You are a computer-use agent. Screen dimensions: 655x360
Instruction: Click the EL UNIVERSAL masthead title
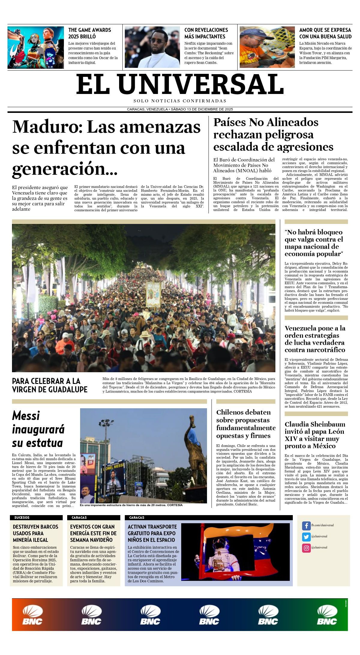(x=180, y=84)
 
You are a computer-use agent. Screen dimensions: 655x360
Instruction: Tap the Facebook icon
(x=306, y=526)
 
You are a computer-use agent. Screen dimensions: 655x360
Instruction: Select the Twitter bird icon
(x=306, y=537)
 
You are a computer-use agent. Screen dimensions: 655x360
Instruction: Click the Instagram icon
(x=306, y=548)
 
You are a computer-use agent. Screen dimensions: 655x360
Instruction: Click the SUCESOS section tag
(x=22, y=518)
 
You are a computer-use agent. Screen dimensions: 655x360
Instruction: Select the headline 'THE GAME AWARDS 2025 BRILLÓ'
(x=90, y=33)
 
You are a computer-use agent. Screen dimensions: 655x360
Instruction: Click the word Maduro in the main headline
(x=45, y=127)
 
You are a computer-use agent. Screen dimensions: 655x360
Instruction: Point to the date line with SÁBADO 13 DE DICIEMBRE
(x=180, y=109)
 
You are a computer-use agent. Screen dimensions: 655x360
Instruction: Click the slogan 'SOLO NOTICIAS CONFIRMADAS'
(x=180, y=101)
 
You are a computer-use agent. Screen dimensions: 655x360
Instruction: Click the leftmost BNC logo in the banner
(x=33, y=614)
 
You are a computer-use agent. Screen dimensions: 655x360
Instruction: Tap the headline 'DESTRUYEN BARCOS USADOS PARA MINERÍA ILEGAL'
(x=35, y=533)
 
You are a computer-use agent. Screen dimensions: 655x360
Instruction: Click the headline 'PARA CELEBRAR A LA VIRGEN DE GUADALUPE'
(x=50, y=385)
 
